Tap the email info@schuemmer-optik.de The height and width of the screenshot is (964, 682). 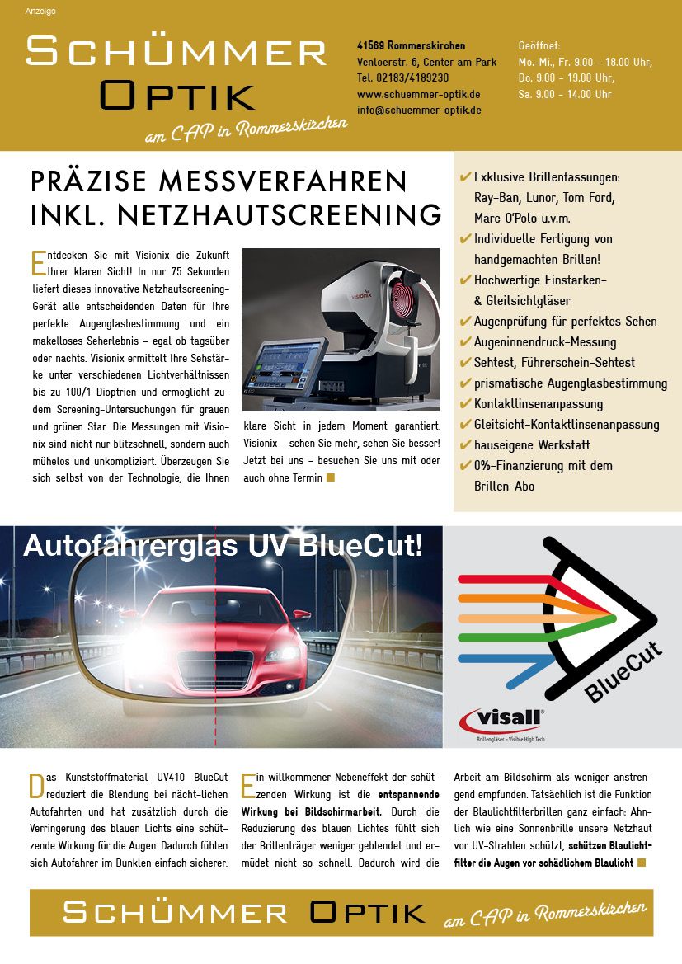419,110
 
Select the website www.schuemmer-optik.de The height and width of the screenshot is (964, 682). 418,94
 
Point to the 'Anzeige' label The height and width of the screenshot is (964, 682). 40,12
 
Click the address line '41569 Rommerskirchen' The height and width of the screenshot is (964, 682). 411,45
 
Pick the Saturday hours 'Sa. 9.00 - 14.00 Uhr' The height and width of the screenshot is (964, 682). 565,94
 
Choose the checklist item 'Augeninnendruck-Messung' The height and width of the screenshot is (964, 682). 544,342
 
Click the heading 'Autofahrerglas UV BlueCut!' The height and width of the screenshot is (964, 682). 223,547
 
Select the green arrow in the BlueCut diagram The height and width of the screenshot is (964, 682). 536,618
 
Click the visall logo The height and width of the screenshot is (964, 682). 502,720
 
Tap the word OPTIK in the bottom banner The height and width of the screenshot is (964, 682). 369,913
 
